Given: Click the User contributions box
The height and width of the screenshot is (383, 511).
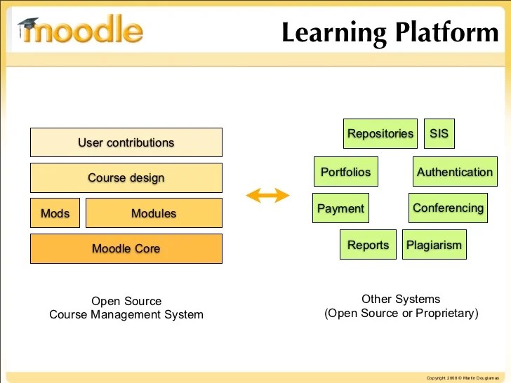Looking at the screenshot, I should coord(126,142).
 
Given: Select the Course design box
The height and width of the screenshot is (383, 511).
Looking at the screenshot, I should coord(126,177).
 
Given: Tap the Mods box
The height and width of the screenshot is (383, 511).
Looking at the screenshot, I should coord(55,213).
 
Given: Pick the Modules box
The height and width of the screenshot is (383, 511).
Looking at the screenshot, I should coord(154,213).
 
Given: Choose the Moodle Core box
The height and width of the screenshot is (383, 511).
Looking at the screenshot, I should coord(126,248).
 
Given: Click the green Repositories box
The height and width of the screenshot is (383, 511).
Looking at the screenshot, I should coord(380,133).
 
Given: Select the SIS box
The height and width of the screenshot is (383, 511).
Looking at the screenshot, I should coord(439,133).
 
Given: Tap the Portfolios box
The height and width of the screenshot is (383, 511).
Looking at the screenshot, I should coord(345,172).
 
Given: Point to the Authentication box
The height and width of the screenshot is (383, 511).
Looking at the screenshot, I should coord(454,172).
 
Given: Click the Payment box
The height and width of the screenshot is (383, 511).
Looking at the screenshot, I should coord(340,208).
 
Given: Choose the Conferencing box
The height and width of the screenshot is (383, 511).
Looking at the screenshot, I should coord(448,208).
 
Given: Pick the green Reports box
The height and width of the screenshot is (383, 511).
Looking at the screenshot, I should coord(368,245).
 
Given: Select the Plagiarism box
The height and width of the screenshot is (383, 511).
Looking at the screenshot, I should coord(434,245).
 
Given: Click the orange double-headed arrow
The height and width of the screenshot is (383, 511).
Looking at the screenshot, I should coord(267,196).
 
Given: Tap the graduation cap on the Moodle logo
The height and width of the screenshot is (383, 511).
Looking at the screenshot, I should coord(28,26).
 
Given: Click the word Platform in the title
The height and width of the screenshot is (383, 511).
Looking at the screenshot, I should coord(446,33).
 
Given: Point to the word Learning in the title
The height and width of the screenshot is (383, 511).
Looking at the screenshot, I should coord(334,33).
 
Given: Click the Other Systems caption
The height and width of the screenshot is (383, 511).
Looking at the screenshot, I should coord(401,300).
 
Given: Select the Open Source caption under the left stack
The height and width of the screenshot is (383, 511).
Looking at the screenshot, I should coord(126,302).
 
